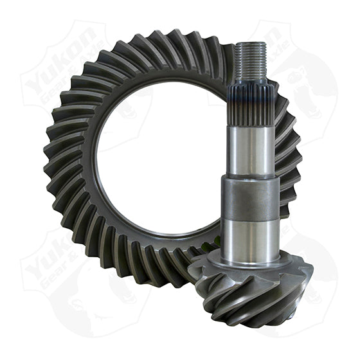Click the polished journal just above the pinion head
coord(251,238)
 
